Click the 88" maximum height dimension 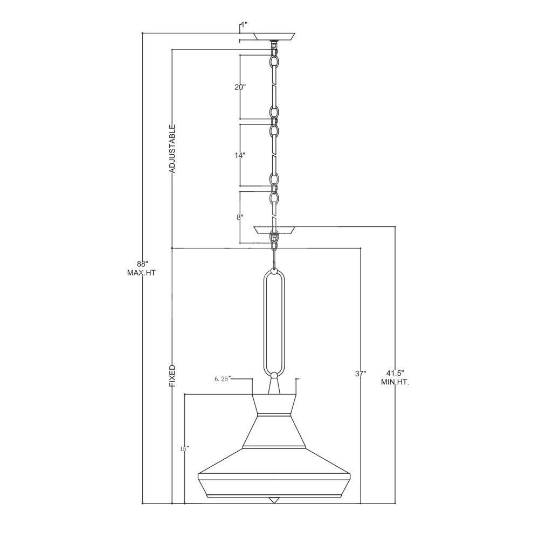(x=142, y=264)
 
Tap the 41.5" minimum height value (x=395, y=373)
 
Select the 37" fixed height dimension (x=361, y=374)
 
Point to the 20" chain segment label (x=240, y=87)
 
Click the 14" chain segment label (x=240, y=156)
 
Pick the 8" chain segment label (x=240, y=217)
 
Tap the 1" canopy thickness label (x=244, y=25)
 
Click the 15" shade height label (x=184, y=449)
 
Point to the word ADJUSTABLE (x=172, y=149)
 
